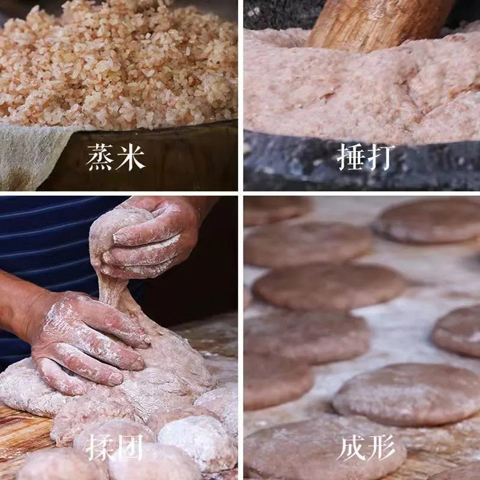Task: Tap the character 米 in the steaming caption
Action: [x=131, y=157]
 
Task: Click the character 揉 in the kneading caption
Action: [x=100, y=448]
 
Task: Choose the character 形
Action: [x=382, y=448]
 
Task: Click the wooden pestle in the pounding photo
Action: [x=378, y=24]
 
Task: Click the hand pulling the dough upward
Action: [x=150, y=234]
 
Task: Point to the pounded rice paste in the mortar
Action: [x=360, y=90]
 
